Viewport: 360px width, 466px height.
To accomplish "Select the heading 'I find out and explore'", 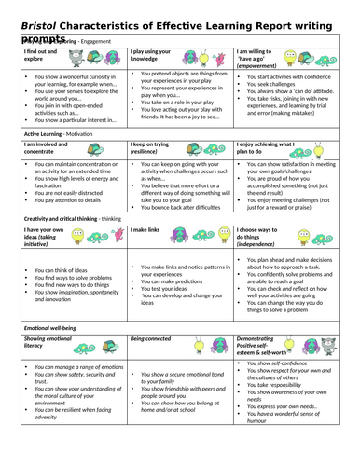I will point(37,56).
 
